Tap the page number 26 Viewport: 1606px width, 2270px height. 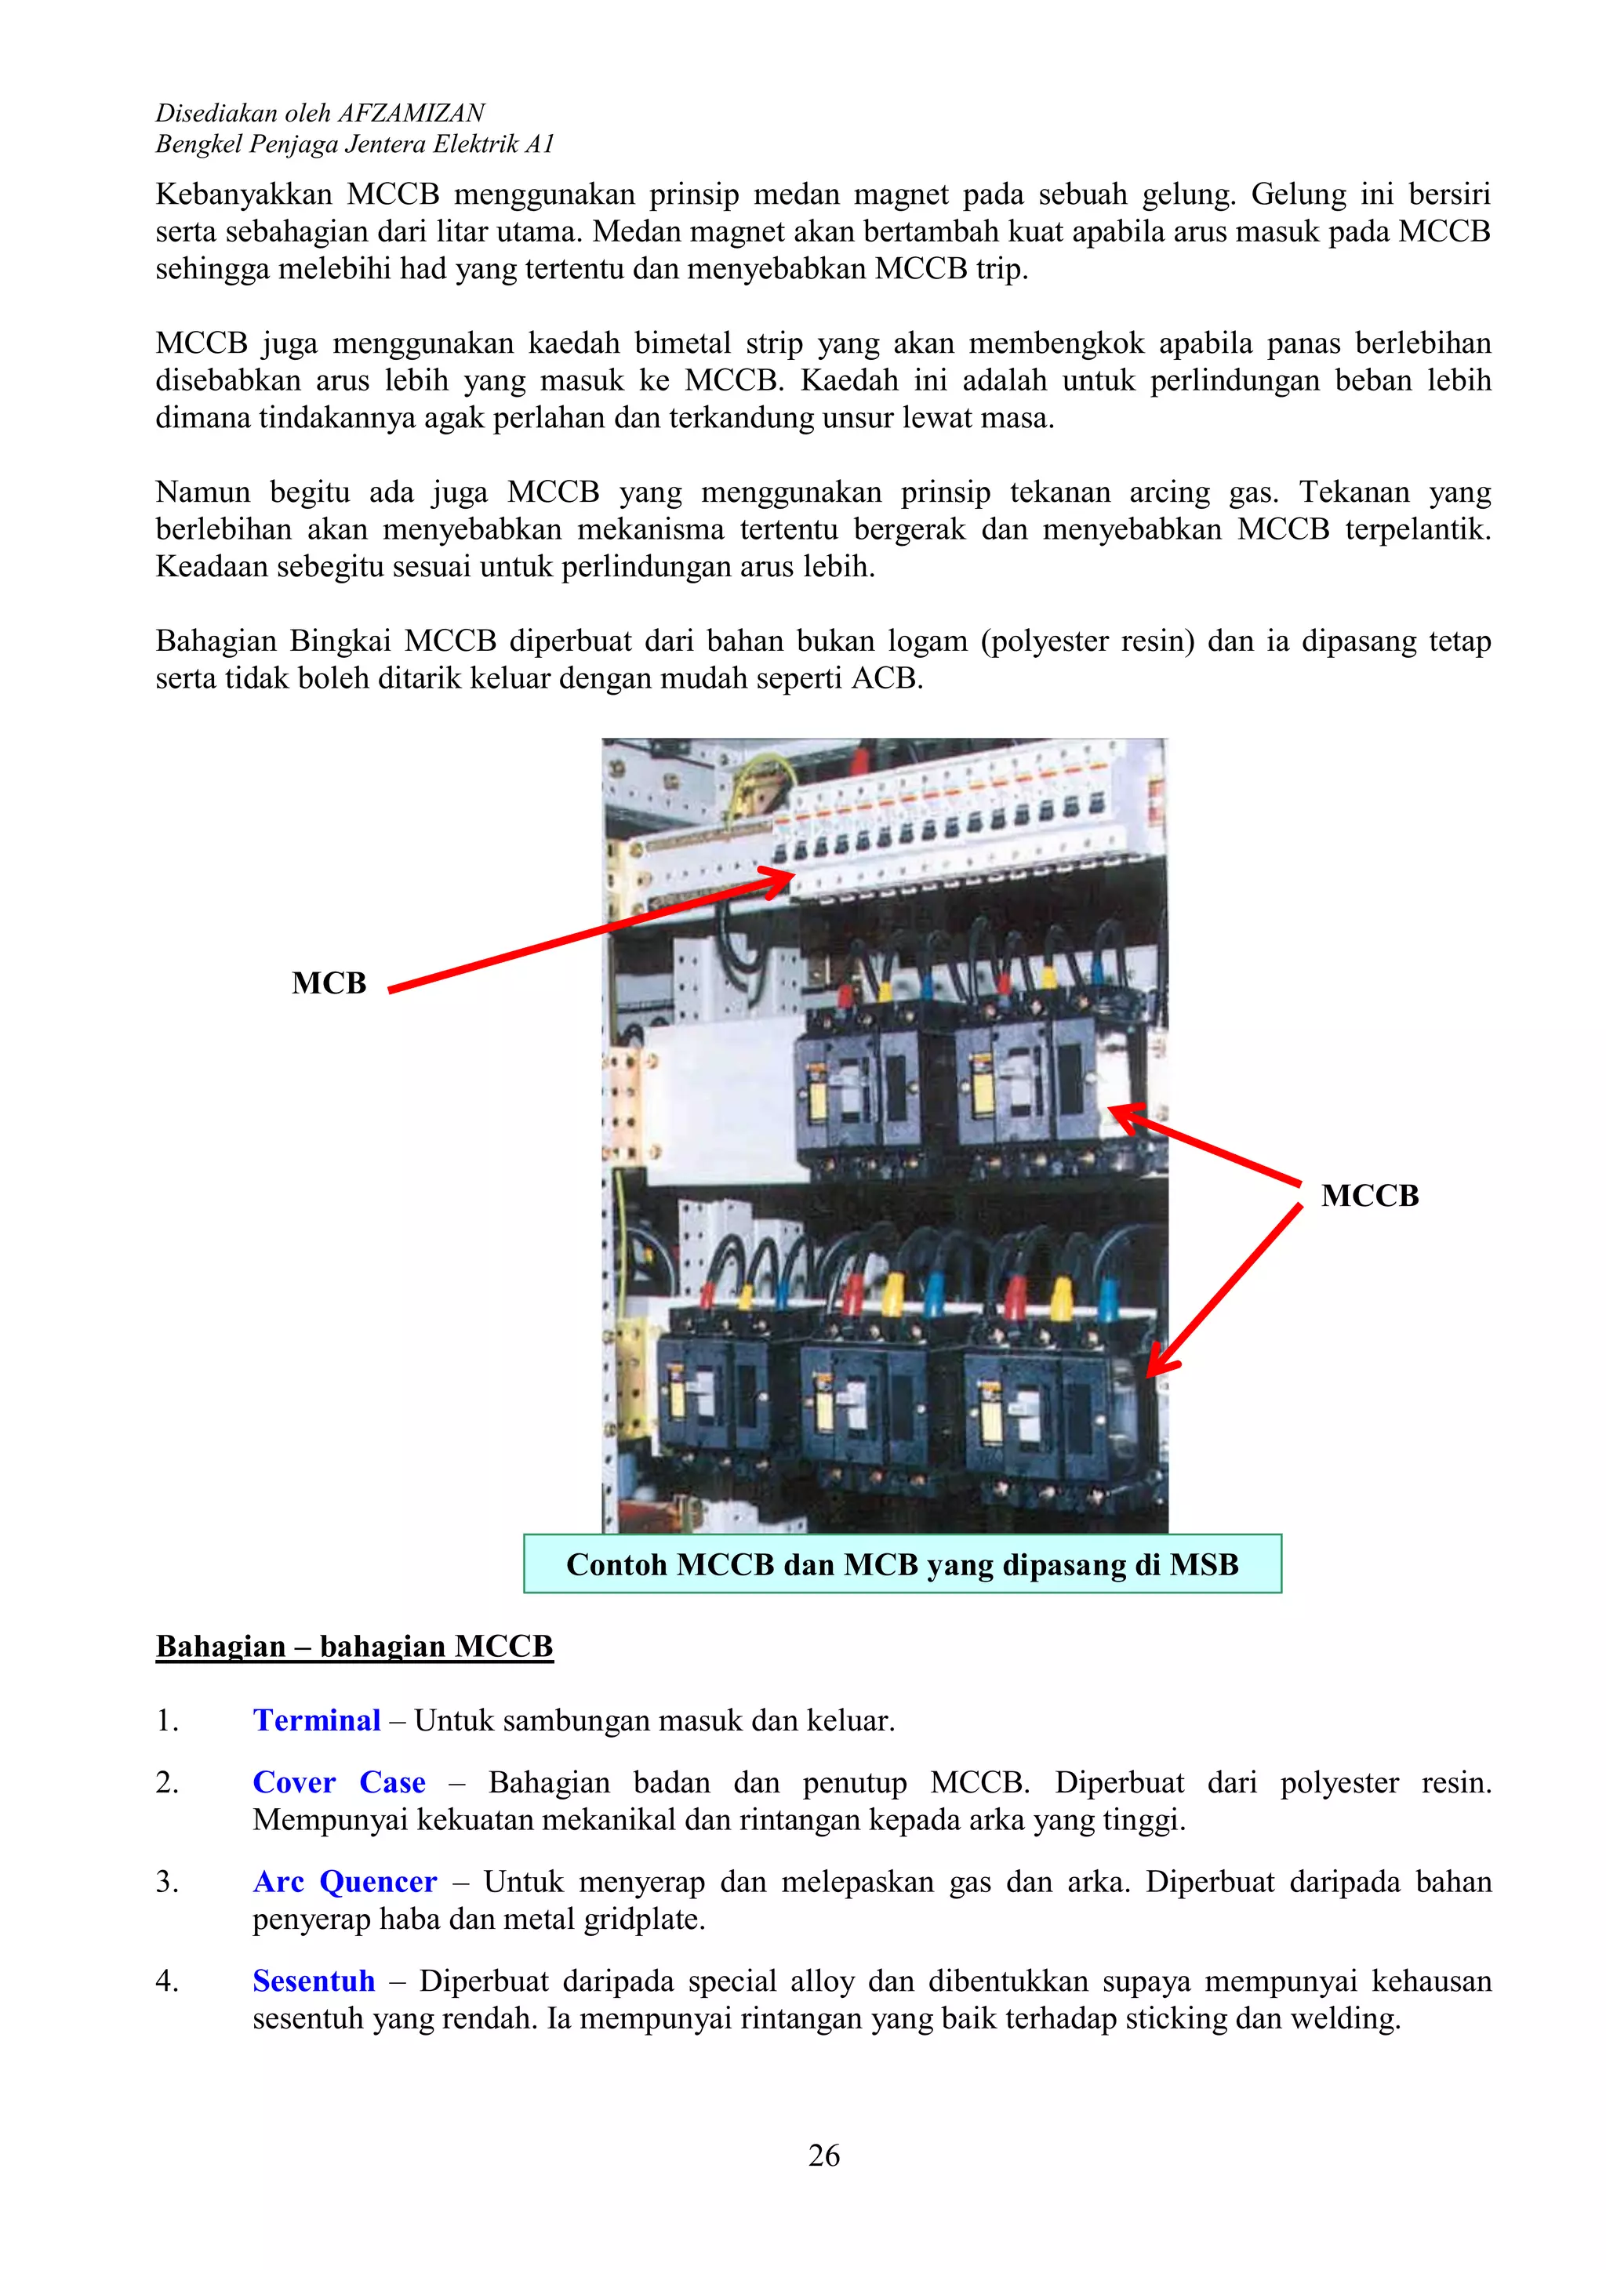point(823,2156)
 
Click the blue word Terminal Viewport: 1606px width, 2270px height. point(317,1720)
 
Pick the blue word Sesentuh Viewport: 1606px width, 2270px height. point(314,1981)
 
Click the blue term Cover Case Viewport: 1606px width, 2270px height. point(340,1781)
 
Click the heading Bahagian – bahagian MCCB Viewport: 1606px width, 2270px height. point(354,1646)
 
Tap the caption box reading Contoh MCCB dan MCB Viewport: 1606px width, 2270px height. point(902,1564)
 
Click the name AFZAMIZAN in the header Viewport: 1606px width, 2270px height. point(412,113)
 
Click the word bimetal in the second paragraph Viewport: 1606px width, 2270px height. point(683,343)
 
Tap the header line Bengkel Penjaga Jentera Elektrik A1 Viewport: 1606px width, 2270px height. point(354,144)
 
